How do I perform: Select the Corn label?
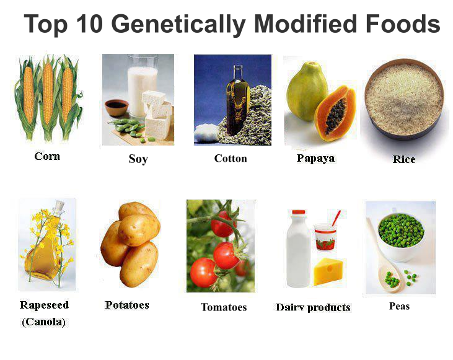coord(47,156)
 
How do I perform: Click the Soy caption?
coord(138,159)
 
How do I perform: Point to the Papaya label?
coord(315,158)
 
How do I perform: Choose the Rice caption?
coord(403,159)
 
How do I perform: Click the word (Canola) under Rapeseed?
coord(43,322)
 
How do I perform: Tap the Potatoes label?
coord(127,305)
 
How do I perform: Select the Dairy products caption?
coord(313,307)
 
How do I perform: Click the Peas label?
coord(399,306)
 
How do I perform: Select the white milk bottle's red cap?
coord(299,213)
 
